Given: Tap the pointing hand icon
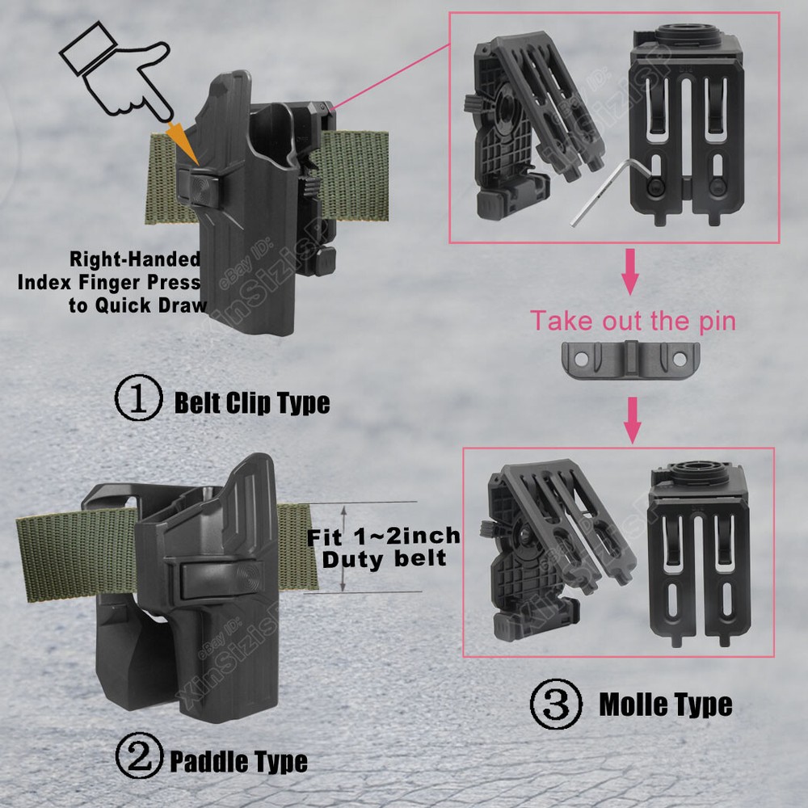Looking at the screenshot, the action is pyautogui.click(x=117, y=72).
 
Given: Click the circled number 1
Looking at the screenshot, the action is pyautogui.click(x=138, y=398).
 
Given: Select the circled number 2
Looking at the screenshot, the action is pyautogui.click(x=139, y=755).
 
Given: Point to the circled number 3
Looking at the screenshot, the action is pyautogui.click(x=556, y=704).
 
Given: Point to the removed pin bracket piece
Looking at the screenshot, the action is pyautogui.click(x=630, y=359).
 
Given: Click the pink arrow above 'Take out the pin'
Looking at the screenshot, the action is pyautogui.click(x=629, y=271).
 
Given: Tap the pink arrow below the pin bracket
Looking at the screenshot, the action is pyautogui.click(x=633, y=419).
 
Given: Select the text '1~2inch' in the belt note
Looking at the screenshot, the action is pyautogui.click(x=407, y=536).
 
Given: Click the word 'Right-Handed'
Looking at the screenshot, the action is pyautogui.click(x=135, y=259).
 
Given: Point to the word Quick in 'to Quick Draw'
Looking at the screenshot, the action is pyautogui.click(x=124, y=305).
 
